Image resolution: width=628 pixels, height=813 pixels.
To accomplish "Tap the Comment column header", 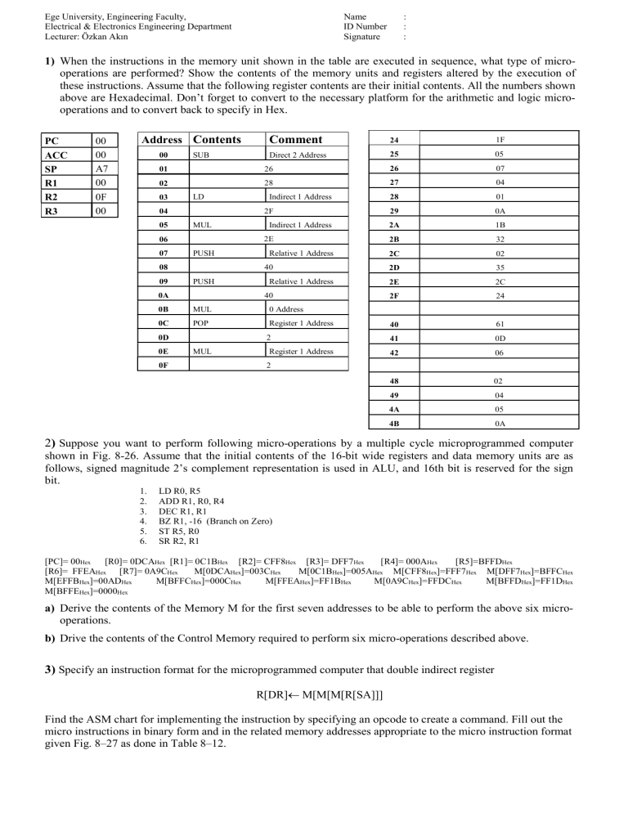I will tap(296, 139).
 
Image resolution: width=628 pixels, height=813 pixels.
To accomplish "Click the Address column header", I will tap(160, 139).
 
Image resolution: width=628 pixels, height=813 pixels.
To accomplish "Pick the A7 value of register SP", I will tap(76, 168).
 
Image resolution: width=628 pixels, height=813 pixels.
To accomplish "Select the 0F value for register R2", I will tap(76, 196).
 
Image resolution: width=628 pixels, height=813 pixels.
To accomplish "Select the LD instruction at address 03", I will tap(199, 196).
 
